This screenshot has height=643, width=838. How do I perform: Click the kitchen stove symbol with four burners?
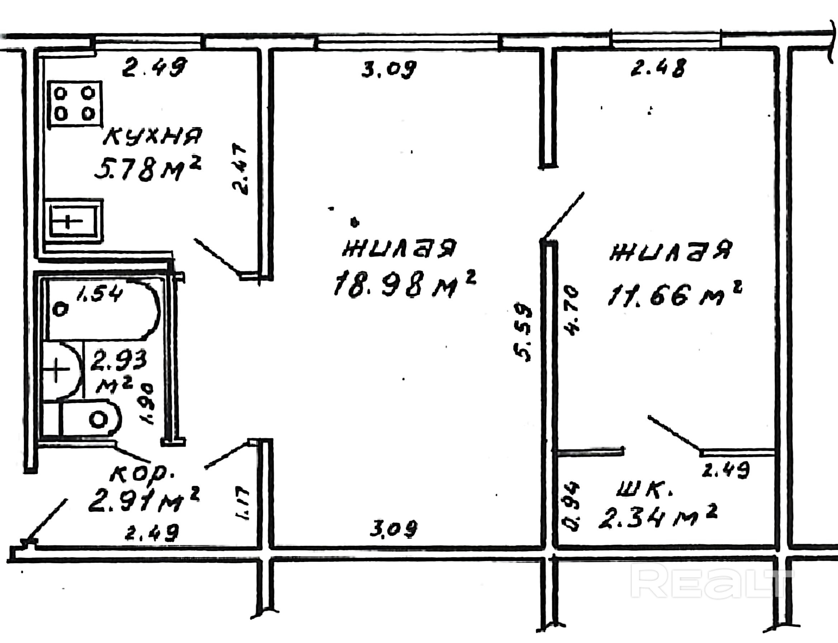[x=75, y=103]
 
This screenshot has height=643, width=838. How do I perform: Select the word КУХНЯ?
[x=152, y=137]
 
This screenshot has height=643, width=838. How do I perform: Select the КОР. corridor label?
[x=142, y=475]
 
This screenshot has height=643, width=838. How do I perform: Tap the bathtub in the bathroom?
[x=101, y=311]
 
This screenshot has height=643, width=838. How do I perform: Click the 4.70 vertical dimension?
[x=571, y=311]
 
